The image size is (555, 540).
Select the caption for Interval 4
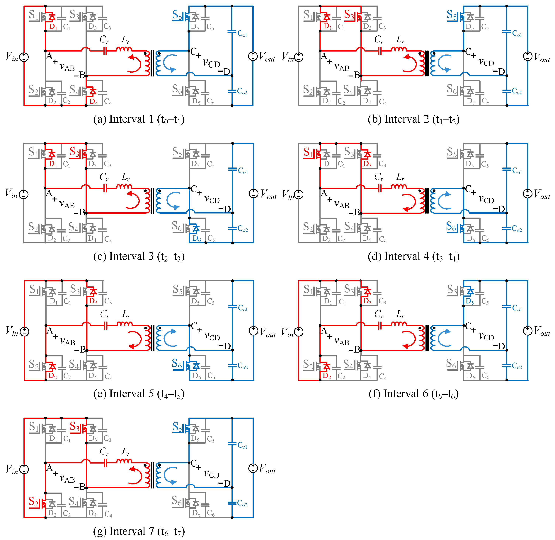[x=413, y=256]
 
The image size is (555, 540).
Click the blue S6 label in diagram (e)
[x=177, y=363]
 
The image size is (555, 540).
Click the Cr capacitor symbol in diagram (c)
[x=105, y=188]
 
